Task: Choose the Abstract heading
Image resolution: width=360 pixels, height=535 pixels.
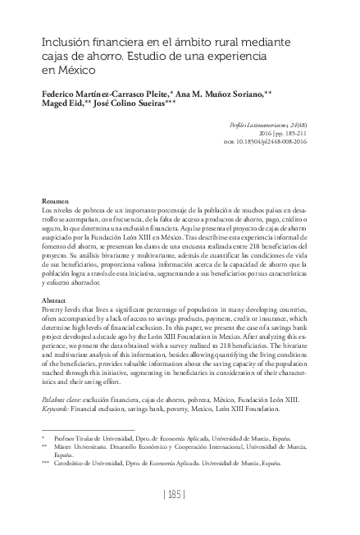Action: [56, 301]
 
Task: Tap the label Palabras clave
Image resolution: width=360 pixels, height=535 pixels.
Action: [64, 396]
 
